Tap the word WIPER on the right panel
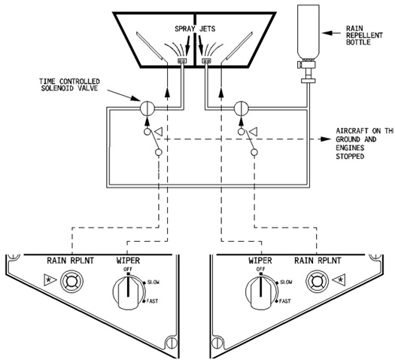[x=257, y=261]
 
